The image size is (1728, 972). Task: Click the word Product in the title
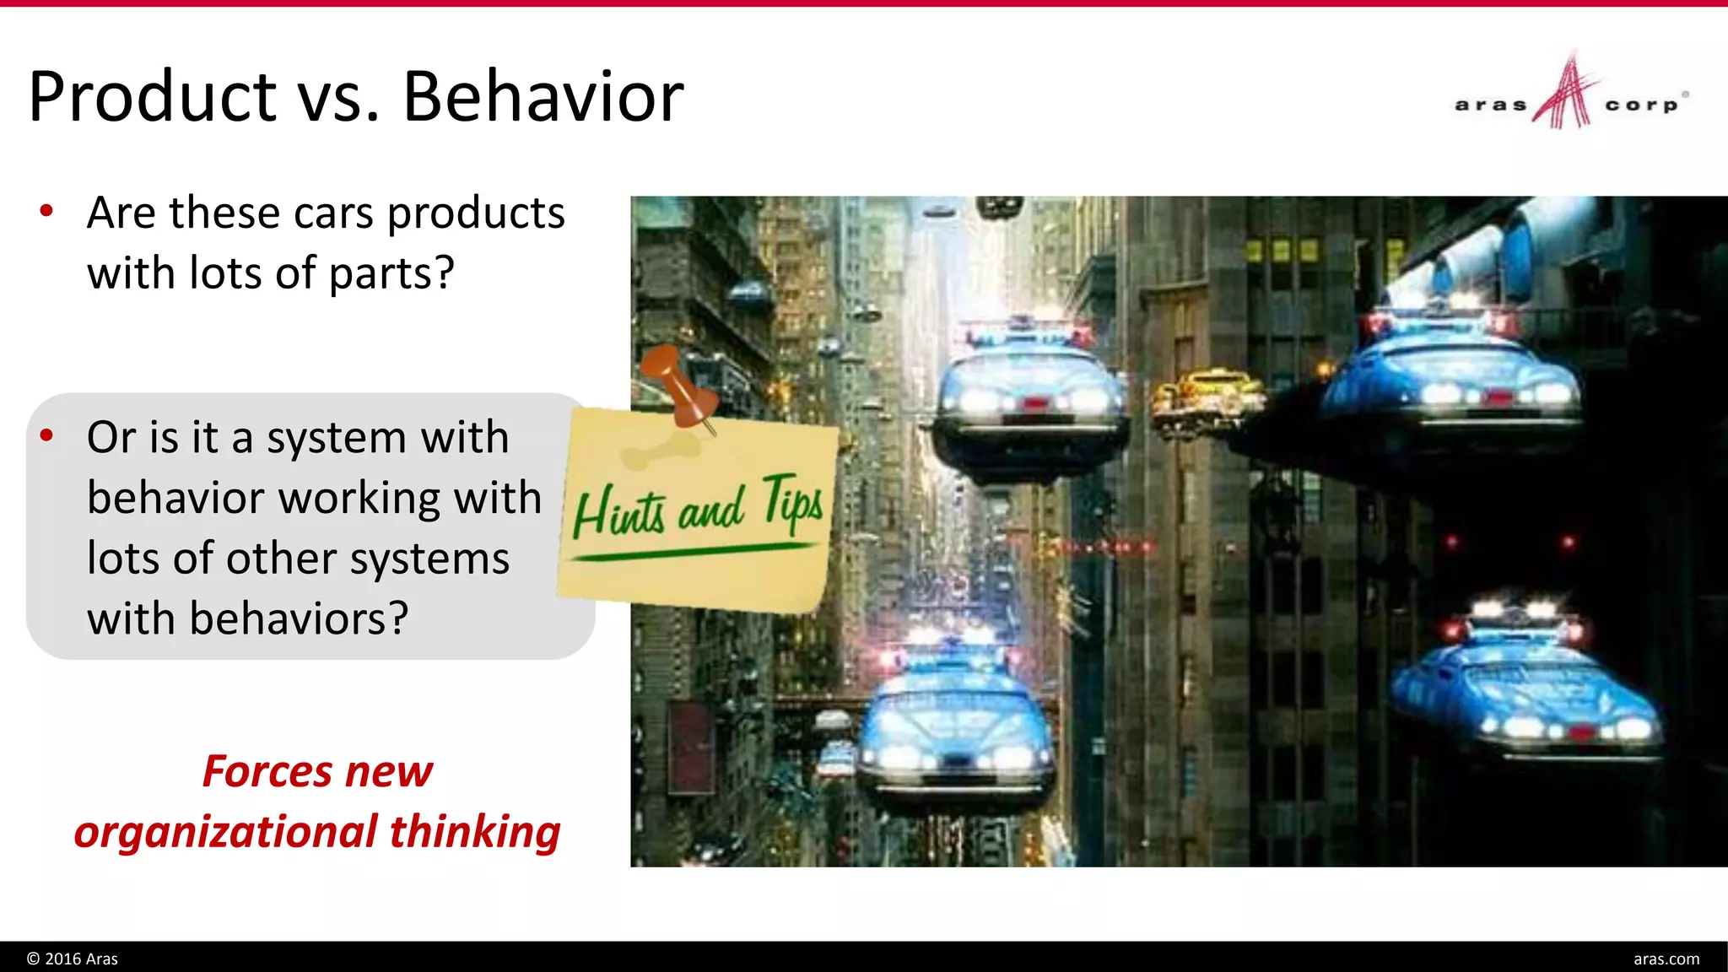(153, 97)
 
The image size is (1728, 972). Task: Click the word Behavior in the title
(543, 97)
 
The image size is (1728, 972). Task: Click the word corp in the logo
(1641, 105)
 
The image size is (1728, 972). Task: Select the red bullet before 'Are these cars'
(46, 211)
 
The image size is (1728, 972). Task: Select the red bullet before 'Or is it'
(46, 435)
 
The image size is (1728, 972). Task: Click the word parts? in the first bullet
(391, 273)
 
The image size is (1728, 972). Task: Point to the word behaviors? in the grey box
(299, 618)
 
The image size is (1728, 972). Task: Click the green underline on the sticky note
(692, 552)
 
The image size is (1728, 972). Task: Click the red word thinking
(474, 832)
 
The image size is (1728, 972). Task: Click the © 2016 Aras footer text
(73, 958)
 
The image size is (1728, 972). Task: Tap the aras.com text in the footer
(1666, 958)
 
